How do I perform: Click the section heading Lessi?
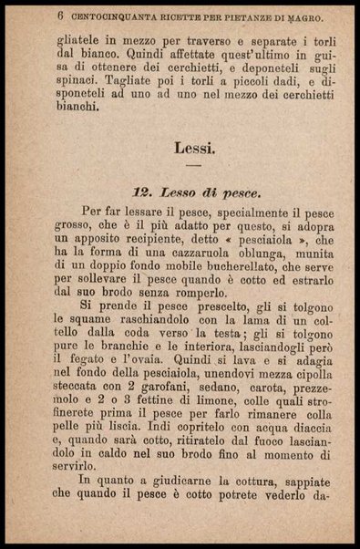point(193,146)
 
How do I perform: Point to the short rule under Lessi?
point(193,165)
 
